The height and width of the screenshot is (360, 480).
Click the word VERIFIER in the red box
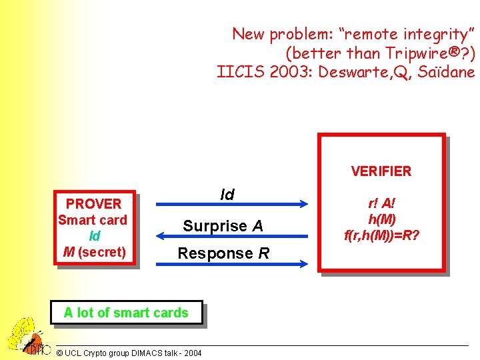click(x=381, y=171)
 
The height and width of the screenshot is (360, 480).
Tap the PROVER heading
click(x=94, y=204)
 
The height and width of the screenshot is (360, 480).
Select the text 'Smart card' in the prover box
click(x=93, y=220)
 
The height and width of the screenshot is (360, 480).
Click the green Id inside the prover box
click(x=94, y=236)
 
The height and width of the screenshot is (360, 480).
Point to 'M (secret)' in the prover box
click(x=94, y=252)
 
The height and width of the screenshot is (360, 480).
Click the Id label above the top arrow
click(x=227, y=195)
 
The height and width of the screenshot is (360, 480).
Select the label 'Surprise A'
click(x=223, y=226)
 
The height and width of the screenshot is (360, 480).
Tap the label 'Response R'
click(x=223, y=253)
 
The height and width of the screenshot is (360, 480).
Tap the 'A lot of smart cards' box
click(x=126, y=313)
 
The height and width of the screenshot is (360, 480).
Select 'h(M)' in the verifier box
click(x=381, y=219)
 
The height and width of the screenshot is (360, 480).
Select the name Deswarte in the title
click(x=353, y=71)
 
